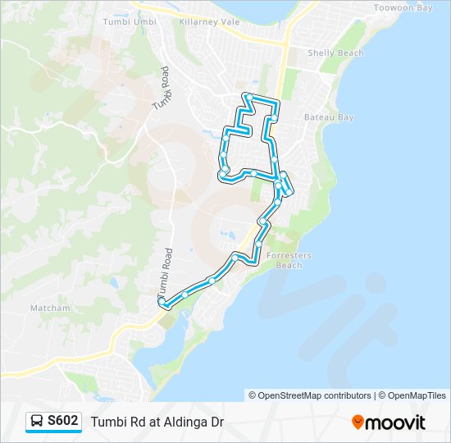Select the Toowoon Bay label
[402, 7]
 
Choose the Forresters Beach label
[289, 260]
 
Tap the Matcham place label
[51, 308]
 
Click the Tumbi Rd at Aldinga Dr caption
[157, 422]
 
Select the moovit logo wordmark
[396, 422]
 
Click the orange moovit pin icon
[358, 422]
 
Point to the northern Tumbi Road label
[161, 89]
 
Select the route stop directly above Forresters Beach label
[259, 244]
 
